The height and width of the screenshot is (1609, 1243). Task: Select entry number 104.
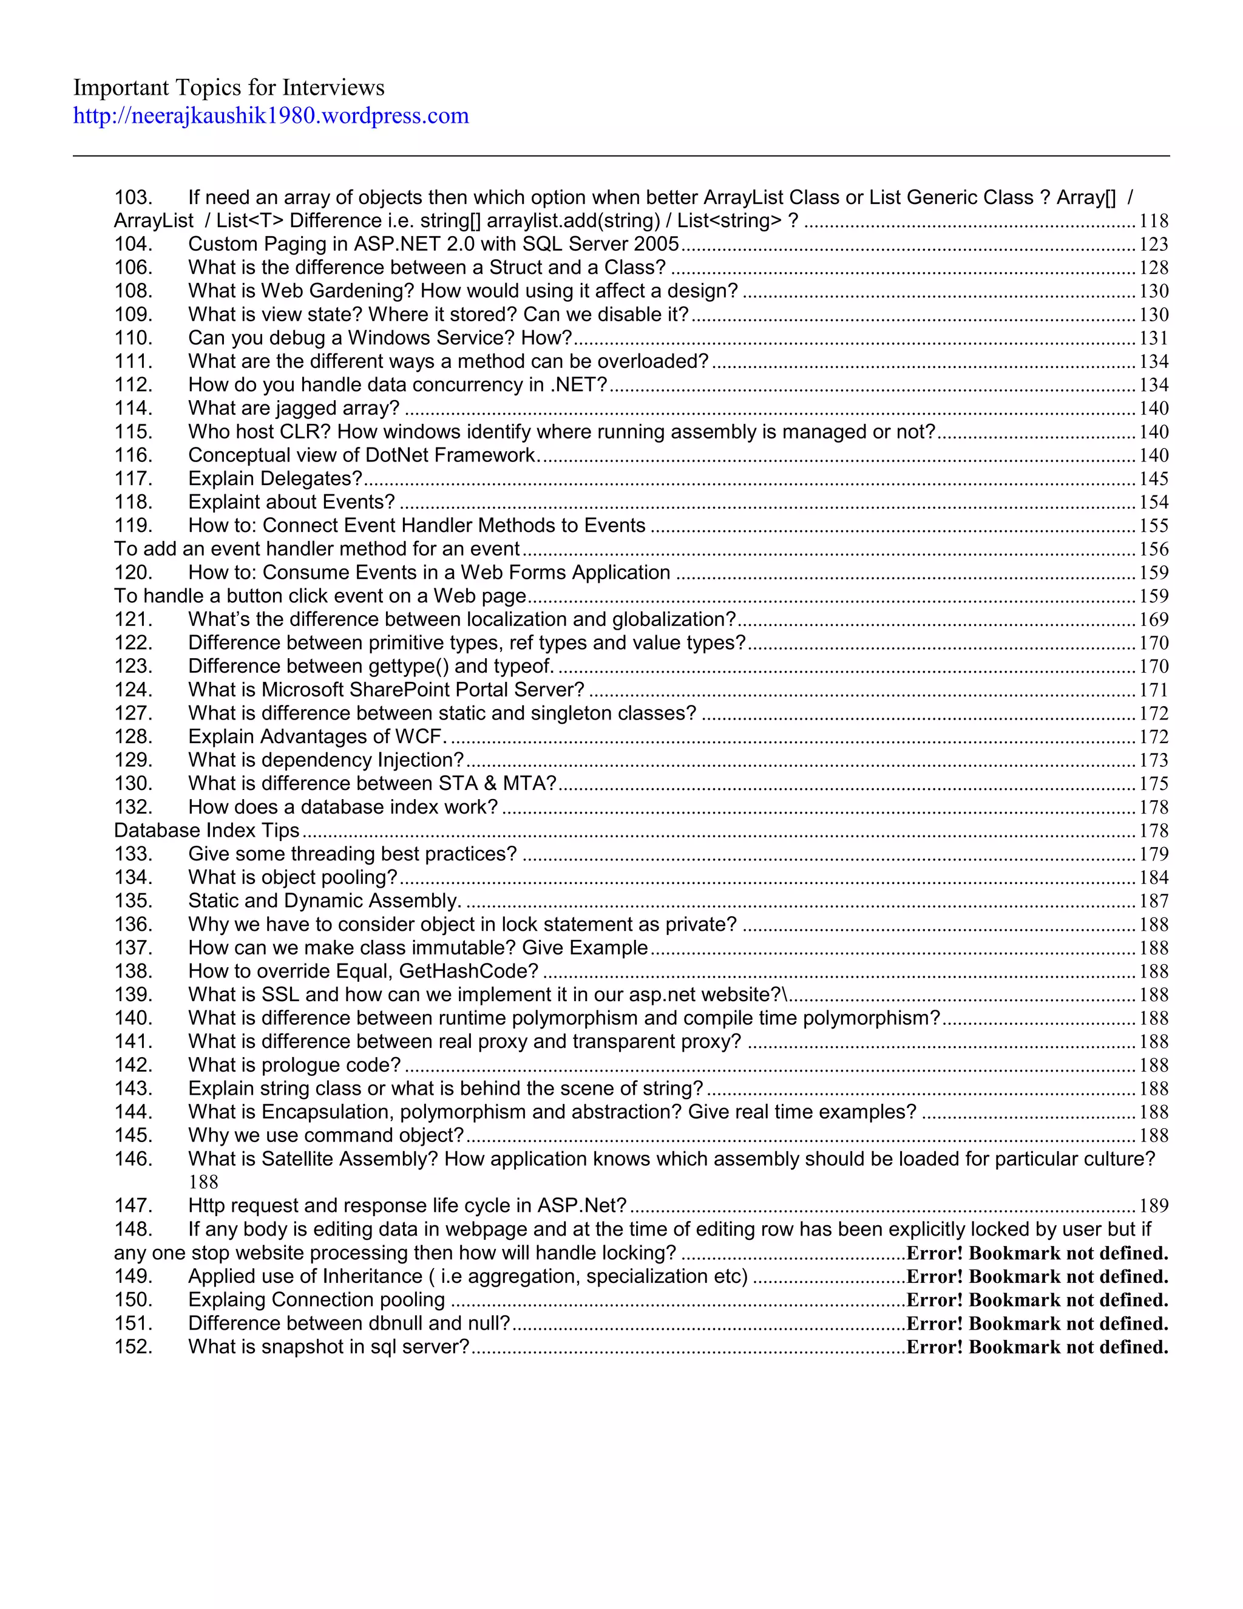(x=134, y=244)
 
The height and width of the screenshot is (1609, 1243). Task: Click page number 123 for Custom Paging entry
(x=1153, y=245)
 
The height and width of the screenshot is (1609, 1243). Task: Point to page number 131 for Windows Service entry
(x=1153, y=338)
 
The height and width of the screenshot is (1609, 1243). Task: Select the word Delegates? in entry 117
(x=311, y=479)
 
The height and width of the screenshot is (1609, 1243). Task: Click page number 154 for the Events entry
(x=1153, y=503)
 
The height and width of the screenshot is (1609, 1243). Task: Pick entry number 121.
(x=134, y=619)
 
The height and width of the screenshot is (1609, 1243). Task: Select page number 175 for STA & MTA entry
(x=1153, y=784)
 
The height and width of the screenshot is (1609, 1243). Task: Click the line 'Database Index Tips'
(x=206, y=830)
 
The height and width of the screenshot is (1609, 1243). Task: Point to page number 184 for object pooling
(x=1153, y=877)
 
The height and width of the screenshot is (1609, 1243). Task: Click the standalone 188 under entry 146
(x=203, y=1182)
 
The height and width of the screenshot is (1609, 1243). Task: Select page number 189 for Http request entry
(x=1153, y=1206)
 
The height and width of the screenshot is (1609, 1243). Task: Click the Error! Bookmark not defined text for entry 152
(x=1037, y=1347)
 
